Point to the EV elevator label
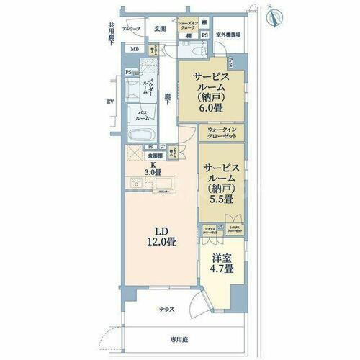click(110, 102)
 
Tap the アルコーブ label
click(130, 30)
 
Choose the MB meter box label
click(135, 49)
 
